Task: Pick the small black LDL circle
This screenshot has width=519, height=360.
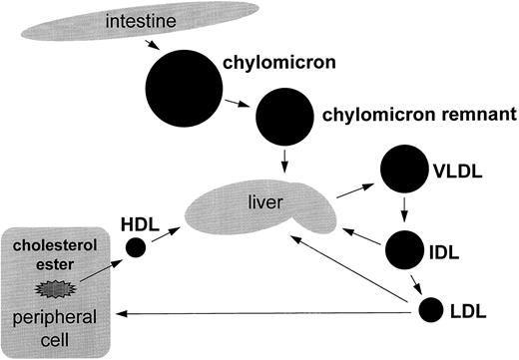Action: tap(431, 310)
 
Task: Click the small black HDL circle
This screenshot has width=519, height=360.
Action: tap(135, 247)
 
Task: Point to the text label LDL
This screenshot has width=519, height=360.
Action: tap(474, 311)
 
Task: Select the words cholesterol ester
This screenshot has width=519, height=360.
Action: tap(56, 254)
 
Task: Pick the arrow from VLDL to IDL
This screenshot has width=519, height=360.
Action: tap(404, 210)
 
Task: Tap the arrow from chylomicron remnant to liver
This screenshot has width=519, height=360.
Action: tap(285, 158)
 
